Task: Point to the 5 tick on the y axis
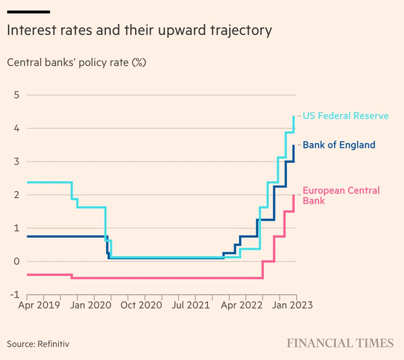tap(17, 95)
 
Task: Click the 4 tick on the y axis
tap(17, 129)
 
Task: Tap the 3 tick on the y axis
tap(17, 162)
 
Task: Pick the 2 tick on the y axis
tap(17, 195)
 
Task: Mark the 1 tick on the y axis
tap(17, 228)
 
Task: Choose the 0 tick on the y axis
tap(17, 262)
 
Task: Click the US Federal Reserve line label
tap(345, 116)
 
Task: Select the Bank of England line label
tap(339, 145)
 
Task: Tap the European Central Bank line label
tap(341, 195)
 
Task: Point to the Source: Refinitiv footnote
tap(38, 344)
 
